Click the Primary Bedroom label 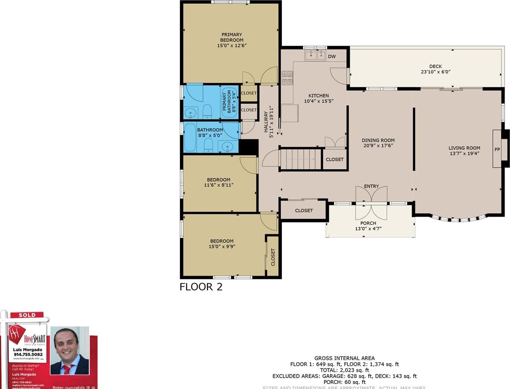pyautogui.click(x=232, y=37)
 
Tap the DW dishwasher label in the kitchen pyautogui.click(x=332, y=56)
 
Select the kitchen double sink pyautogui.click(x=315, y=56)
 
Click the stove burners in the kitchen pyautogui.click(x=287, y=78)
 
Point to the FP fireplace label pyautogui.click(x=497, y=149)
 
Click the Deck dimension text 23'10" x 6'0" pyautogui.click(x=435, y=72)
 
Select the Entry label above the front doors pyautogui.click(x=371, y=186)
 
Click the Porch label pyautogui.click(x=368, y=223)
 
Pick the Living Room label pyautogui.click(x=464, y=148)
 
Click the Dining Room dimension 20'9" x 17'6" pyautogui.click(x=378, y=145)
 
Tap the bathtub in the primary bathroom pyautogui.click(x=229, y=102)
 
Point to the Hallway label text pyautogui.click(x=266, y=122)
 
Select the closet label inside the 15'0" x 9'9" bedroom pyautogui.click(x=273, y=257)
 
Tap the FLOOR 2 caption pyautogui.click(x=201, y=287)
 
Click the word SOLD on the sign pyautogui.click(x=27, y=315)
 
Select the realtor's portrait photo pyautogui.click(x=69, y=350)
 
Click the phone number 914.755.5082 pyautogui.click(x=28, y=355)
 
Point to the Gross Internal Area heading pyautogui.click(x=344, y=358)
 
